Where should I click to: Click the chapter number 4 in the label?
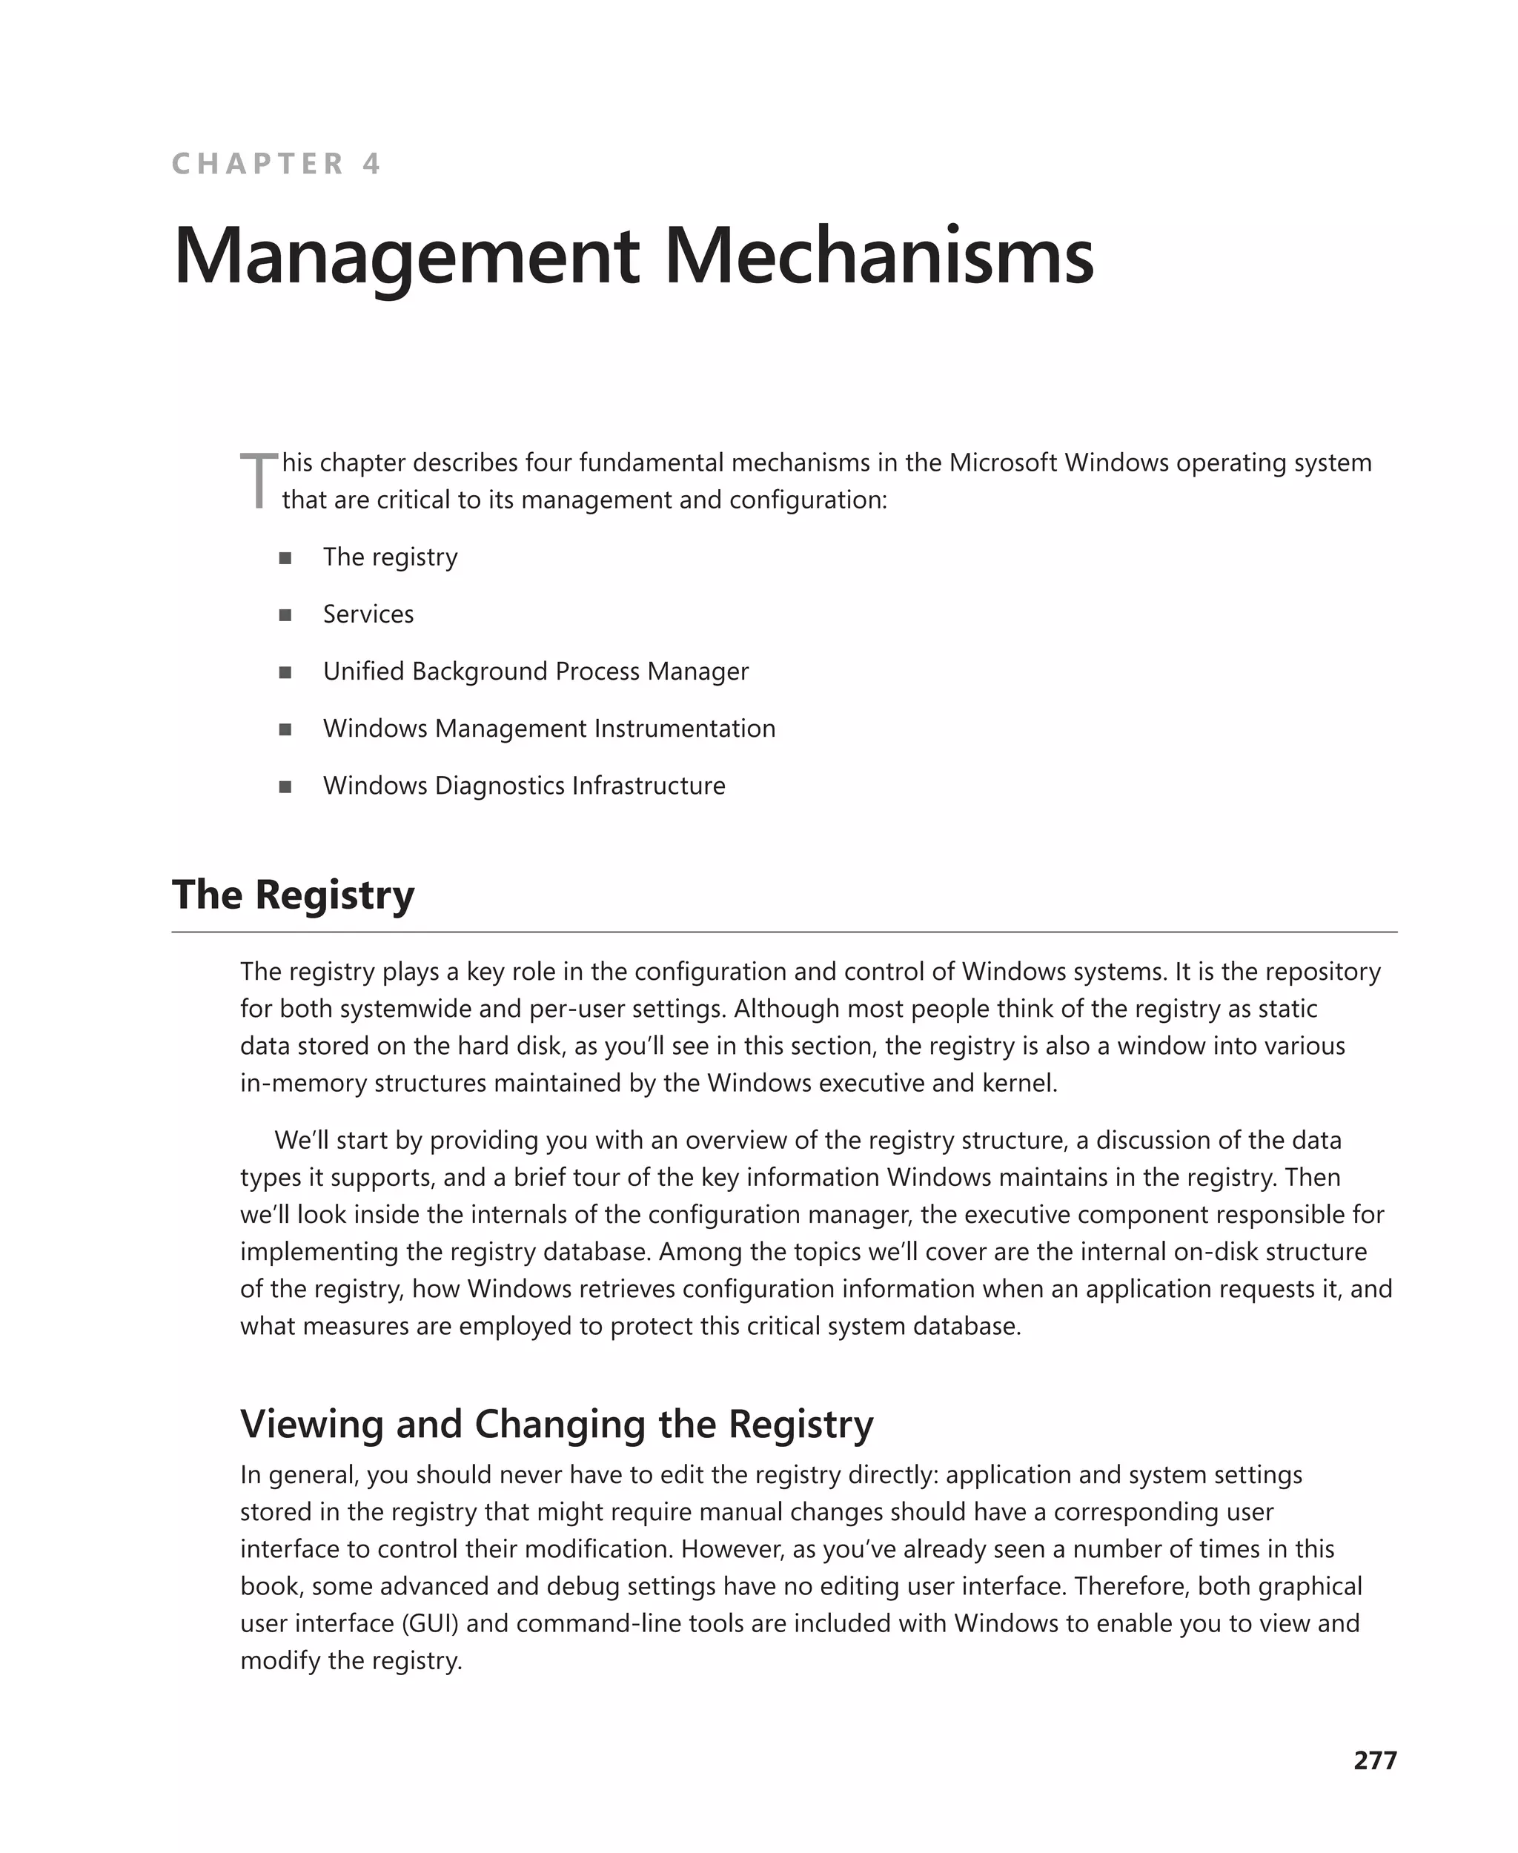[371, 164]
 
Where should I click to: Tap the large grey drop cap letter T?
[259, 480]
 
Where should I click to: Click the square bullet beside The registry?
[285, 558]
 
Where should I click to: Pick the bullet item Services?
[368, 614]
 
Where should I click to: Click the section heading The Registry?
[293, 895]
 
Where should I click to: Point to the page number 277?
[1375, 1760]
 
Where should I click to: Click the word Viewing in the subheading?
[312, 1424]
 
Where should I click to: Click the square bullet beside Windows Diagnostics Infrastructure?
[285, 786]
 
